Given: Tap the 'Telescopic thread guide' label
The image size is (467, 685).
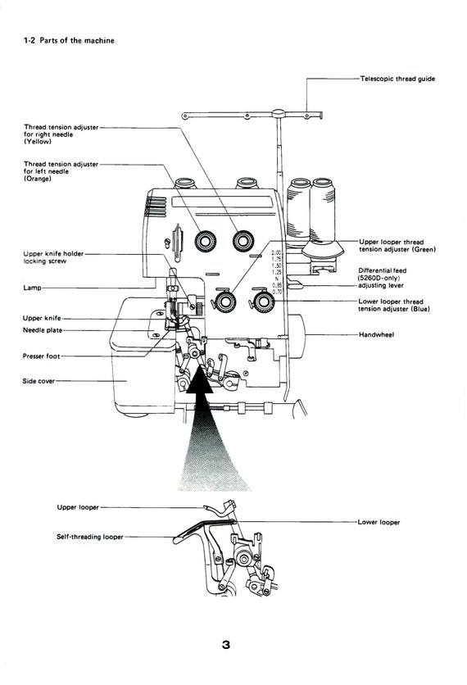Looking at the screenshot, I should [397, 79].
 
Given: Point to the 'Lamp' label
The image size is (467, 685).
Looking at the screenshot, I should [33, 288].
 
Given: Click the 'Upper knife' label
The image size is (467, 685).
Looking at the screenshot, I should [41, 318].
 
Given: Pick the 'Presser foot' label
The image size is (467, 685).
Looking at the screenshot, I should [42, 356].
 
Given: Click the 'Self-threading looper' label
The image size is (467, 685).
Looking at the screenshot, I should [90, 537].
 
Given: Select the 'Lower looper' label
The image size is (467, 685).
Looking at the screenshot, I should [379, 522].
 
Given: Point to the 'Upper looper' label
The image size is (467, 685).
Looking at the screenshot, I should [78, 507].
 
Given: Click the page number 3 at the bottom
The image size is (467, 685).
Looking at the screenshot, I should [226, 645].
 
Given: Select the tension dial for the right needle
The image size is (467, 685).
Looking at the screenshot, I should [243, 241].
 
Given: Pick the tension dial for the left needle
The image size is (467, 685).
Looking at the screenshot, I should [204, 241].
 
